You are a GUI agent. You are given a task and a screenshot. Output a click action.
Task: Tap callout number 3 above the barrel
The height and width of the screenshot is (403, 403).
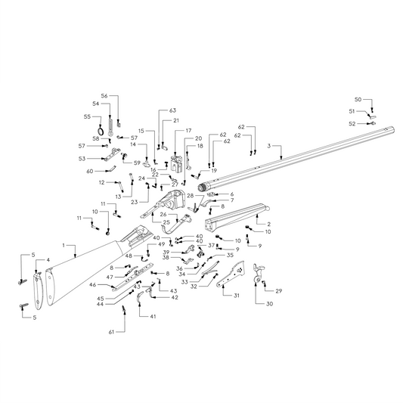[x=269, y=145]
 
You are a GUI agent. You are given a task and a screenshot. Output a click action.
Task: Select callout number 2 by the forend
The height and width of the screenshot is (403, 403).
[x=268, y=225]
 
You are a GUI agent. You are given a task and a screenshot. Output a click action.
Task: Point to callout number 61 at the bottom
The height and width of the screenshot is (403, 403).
[x=111, y=332]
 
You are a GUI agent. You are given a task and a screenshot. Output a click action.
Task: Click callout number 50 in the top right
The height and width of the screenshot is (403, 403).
[x=358, y=100]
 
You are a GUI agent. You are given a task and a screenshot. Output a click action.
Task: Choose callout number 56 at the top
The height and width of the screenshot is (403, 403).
[x=105, y=96]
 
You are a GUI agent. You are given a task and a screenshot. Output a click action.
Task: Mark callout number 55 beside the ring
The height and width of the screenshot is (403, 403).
[x=87, y=116]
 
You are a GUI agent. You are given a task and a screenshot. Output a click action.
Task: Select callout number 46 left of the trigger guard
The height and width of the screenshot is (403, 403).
[x=92, y=285]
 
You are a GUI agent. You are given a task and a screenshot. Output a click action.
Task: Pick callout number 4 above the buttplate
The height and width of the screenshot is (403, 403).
[x=49, y=261]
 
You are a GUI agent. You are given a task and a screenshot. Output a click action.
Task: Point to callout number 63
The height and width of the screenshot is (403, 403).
[x=172, y=110]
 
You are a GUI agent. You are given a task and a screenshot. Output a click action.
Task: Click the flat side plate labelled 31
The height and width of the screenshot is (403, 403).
[x=241, y=274]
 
